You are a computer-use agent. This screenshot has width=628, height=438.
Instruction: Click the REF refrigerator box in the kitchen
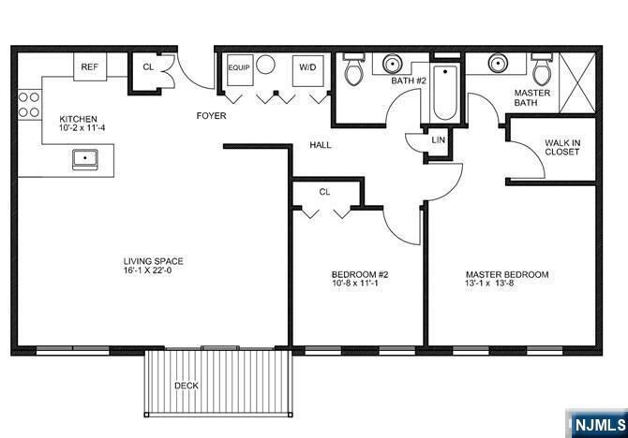tap(90, 66)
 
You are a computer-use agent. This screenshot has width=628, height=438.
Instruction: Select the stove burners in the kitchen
tap(28, 103)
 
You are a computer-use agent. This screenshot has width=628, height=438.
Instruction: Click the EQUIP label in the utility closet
tap(238, 67)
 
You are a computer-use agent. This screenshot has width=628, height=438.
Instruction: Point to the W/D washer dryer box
tap(307, 67)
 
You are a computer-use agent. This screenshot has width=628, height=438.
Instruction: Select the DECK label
tap(186, 386)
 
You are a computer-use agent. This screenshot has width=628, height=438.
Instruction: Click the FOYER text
tap(211, 116)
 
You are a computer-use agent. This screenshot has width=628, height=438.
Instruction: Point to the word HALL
tap(321, 145)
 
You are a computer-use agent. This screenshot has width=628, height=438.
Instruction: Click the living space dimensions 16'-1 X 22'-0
tap(154, 272)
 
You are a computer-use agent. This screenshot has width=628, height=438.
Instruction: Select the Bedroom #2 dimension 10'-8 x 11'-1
tap(360, 284)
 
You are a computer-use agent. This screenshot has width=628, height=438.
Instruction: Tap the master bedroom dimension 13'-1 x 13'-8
tap(506, 284)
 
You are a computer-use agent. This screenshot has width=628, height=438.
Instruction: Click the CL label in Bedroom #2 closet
tap(324, 191)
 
